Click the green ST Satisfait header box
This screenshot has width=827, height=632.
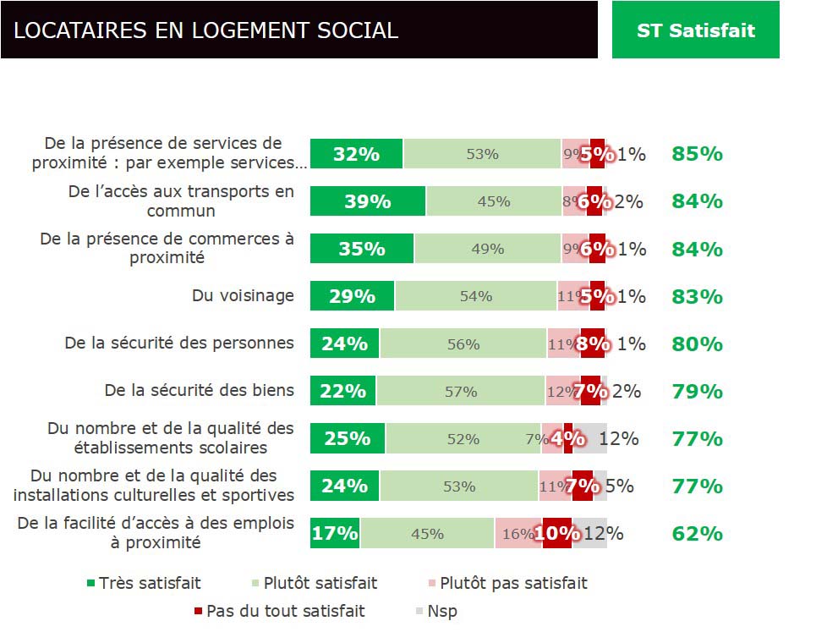click(695, 30)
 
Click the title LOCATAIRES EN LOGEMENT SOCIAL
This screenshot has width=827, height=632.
click(205, 30)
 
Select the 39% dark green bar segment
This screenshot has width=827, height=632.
click(368, 201)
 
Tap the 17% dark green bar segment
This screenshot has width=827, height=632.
click(335, 534)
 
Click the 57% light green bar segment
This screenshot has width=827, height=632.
click(461, 392)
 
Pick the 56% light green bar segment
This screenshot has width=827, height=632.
click(463, 344)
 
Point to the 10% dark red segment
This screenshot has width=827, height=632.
click(557, 534)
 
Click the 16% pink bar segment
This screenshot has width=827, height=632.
click(518, 534)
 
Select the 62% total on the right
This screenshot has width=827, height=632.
click(697, 534)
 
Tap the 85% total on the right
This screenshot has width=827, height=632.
click(697, 154)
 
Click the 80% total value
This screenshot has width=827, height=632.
click(697, 344)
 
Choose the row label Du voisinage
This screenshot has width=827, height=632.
click(243, 295)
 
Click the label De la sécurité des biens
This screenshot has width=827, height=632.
click(200, 390)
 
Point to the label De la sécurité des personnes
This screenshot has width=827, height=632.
click(179, 343)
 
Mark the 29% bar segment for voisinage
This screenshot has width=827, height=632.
click(353, 296)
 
